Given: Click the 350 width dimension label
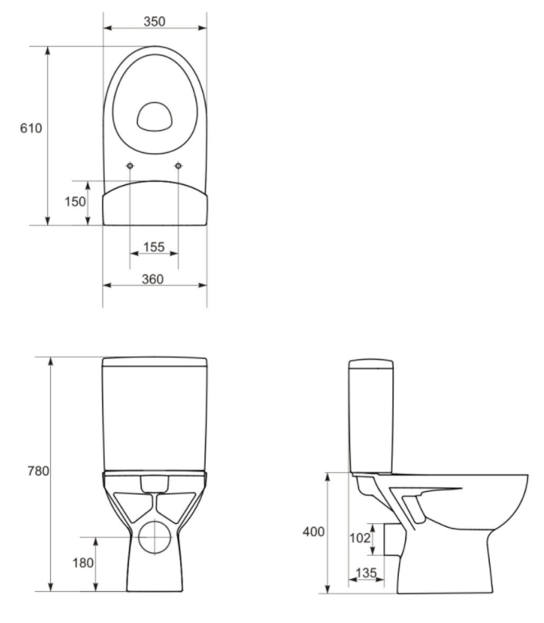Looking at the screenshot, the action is pos(155,22).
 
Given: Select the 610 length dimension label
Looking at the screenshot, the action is pos(31,128).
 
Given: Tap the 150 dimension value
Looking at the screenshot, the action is pos(75,202).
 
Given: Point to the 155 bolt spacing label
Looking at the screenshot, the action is pos(154,246).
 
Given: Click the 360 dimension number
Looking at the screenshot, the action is pos(152,279).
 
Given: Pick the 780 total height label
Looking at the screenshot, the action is pos(38,471).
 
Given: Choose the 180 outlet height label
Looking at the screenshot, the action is pos(83,562).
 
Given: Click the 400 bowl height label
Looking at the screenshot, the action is pos(313,531).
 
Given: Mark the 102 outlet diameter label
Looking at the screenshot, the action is pos(360,538).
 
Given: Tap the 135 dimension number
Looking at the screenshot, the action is pos(365,573).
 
